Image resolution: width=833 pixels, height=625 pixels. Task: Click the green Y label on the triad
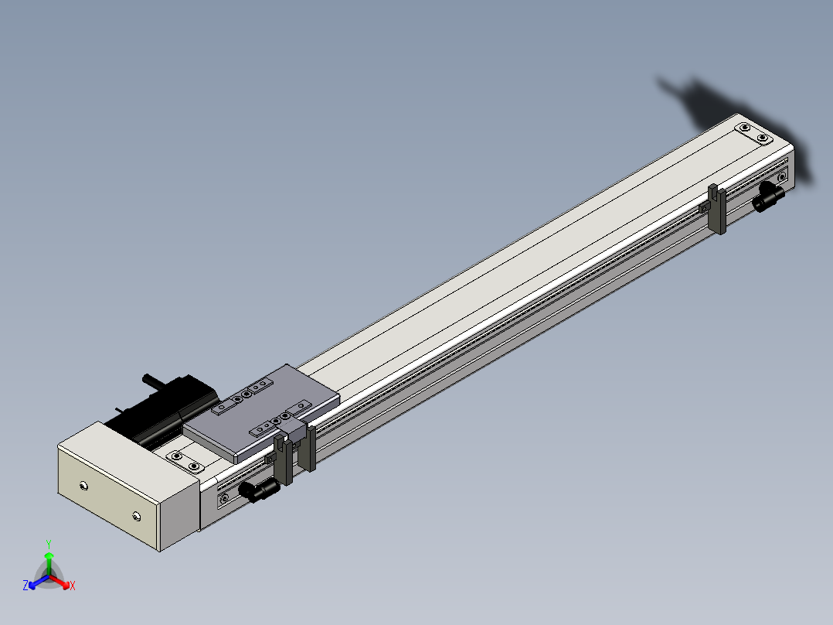(x=49, y=545)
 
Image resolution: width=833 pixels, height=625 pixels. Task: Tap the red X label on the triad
(x=73, y=586)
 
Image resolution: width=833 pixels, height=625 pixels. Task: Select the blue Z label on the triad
(x=25, y=585)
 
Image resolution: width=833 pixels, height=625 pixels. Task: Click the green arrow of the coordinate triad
(x=49, y=563)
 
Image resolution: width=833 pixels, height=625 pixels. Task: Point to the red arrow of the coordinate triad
(x=60, y=582)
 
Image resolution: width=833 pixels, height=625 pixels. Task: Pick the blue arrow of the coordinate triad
(x=39, y=582)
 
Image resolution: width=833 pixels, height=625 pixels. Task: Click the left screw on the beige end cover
(x=83, y=486)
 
